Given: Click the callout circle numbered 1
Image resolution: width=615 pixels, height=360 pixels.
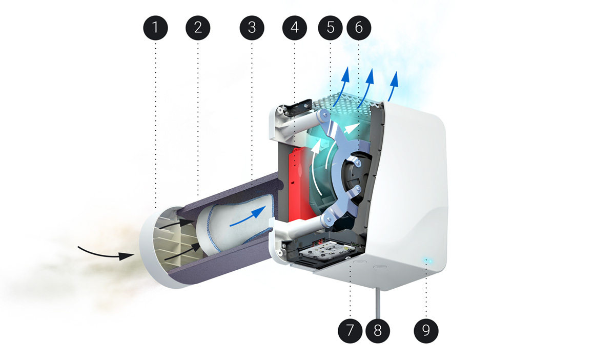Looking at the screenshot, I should [x=155, y=27].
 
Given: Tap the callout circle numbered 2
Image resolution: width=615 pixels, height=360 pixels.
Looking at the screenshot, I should [x=198, y=27].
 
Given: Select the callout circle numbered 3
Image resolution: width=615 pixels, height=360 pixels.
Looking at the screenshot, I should [x=251, y=27].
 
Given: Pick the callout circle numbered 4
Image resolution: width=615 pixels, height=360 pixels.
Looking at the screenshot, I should [x=294, y=27].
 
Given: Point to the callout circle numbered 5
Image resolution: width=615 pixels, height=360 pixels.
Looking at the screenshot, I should [x=331, y=27].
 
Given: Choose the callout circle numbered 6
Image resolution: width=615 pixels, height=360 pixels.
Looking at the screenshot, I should [x=358, y=27].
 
